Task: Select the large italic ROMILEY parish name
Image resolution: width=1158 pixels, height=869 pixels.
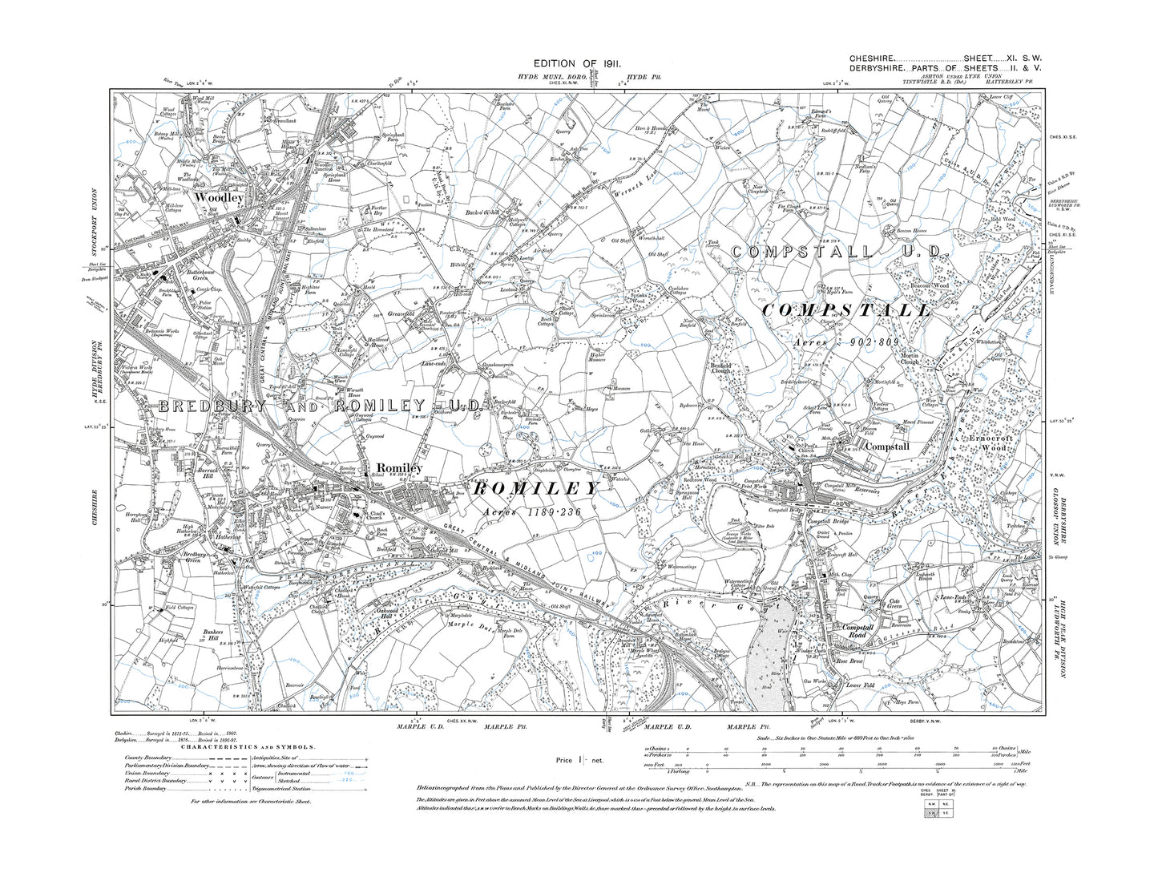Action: point(536,488)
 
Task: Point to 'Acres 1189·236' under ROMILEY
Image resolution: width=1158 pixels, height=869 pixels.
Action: point(532,511)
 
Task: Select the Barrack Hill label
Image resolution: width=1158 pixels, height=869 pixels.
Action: point(196,473)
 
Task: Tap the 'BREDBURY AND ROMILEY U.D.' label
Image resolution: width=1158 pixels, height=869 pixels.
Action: point(320,407)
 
